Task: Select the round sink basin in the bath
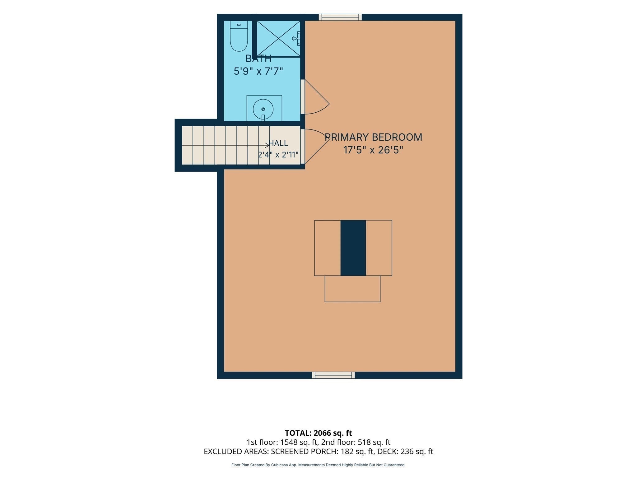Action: [x=263, y=109]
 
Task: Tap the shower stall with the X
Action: [x=278, y=39]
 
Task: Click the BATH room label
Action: [x=258, y=59]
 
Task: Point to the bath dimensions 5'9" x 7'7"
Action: [x=258, y=71]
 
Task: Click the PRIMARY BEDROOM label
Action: [x=373, y=137]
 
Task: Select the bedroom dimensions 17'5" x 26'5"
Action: [x=373, y=150]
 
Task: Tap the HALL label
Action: [x=278, y=143]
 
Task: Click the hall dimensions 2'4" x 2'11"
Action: [x=278, y=155]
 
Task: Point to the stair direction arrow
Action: [x=267, y=145]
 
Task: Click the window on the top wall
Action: [x=340, y=17]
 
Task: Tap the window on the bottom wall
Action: [x=333, y=375]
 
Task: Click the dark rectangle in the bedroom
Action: [x=353, y=248]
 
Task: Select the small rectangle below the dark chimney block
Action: [x=352, y=289]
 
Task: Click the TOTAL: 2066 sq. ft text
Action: [x=318, y=433]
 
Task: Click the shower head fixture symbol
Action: [x=296, y=39]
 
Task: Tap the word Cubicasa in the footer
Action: [x=279, y=465]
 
